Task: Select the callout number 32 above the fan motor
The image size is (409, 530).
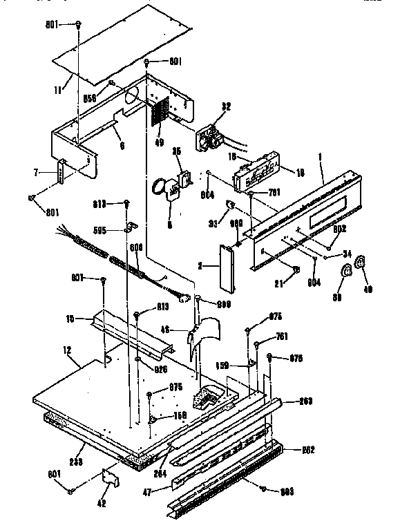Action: click(225, 106)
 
